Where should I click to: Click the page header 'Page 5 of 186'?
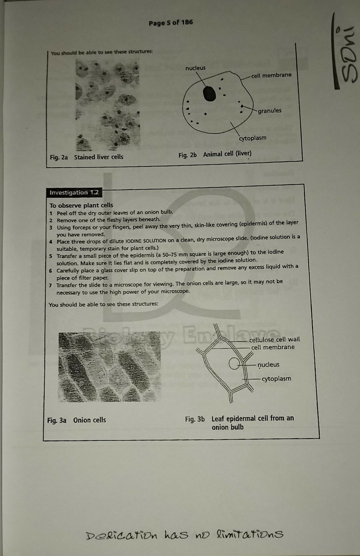(x=171, y=23)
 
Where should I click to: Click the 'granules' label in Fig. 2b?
(x=269, y=111)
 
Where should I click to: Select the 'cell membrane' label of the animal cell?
(x=271, y=75)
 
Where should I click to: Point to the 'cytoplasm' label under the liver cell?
(x=253, y=138)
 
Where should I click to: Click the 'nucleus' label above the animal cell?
(x=195, y=68)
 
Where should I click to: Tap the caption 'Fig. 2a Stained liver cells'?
(x=87, y=157)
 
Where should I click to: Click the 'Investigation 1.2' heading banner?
(x=74, y=193)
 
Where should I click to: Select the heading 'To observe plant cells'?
(x=81, y=205)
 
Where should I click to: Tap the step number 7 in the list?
(x=50, y=286)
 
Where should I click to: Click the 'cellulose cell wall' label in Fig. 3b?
(x=274, y=339)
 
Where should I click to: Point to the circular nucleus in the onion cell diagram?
(x=235, y=364)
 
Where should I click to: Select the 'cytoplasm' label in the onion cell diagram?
(x=276, y=379)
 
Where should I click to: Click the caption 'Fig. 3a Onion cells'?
(x=77, y=420)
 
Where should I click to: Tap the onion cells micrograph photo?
(x=109, y=367)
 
